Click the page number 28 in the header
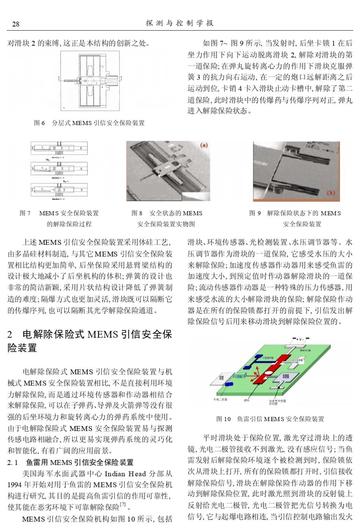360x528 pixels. click(x=16, y=24)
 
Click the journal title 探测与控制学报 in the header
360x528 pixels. click(x=180, y=23)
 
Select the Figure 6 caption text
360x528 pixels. click(x=89, y=123)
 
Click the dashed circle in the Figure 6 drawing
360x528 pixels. click(x=86, y=81)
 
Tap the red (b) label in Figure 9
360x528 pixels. click(x=331, y=193)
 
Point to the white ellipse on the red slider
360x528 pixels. click(x=269, y=373)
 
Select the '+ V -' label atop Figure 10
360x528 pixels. click(x=301, y=338)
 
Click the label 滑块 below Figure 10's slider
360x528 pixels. click(x=247, y=400)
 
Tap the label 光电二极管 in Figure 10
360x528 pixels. click(x=221, y=400)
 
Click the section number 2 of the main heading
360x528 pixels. click(x=10, y=334)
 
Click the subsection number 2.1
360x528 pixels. click(x=13, y=462)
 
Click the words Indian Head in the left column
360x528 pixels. click(x=125, y=474)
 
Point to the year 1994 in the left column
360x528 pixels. click(x=14, y=485)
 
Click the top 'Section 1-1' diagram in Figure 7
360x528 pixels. click(x=59, y=149)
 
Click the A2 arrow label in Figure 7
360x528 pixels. click(x=59, y=181)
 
